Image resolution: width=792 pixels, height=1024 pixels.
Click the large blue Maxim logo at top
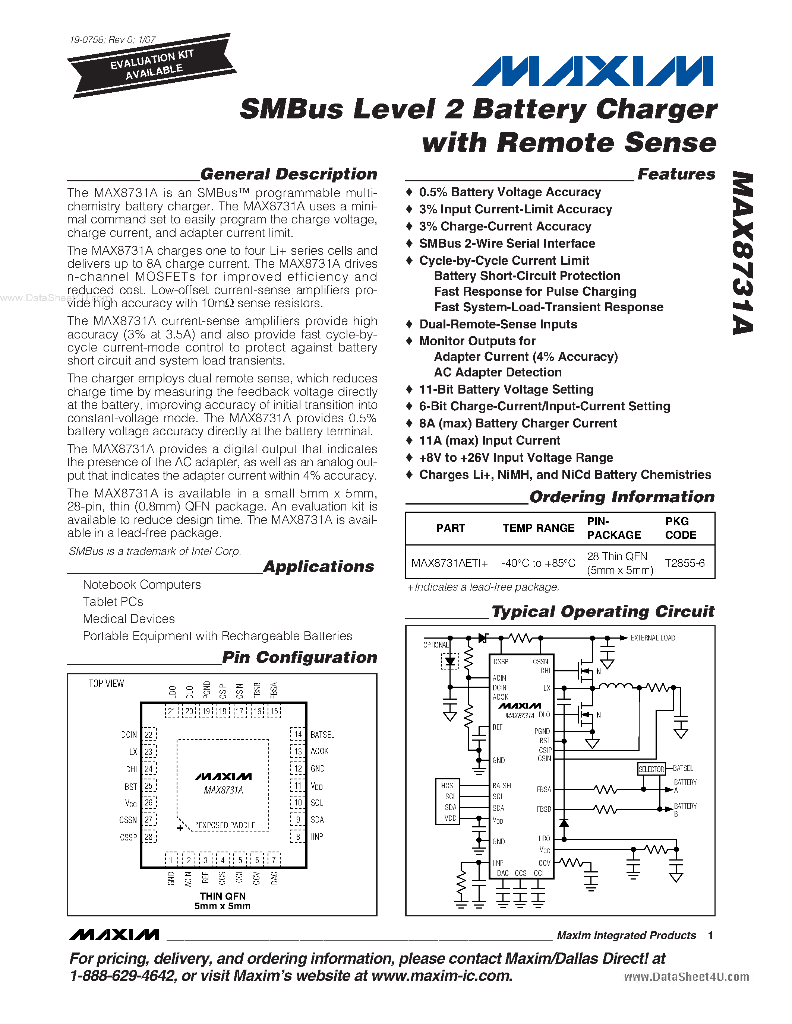click(592, 71)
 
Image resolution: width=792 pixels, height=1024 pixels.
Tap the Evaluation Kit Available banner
click(151, 65)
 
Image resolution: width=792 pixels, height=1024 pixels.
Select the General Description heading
click(288, 174)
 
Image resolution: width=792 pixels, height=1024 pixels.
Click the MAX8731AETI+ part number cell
click(449, 563)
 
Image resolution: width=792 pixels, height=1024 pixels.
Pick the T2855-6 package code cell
click(685, 563)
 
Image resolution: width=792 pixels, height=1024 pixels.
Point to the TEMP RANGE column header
click(538, 528)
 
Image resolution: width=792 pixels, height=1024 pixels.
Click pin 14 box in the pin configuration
click(297, 734)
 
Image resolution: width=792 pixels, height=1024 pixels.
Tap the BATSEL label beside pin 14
click(322, 735)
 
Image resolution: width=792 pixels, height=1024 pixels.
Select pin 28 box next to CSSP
click(149, 837)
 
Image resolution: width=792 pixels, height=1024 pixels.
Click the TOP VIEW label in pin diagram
click(107, 684)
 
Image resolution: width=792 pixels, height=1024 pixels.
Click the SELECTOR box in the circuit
click(651, 769)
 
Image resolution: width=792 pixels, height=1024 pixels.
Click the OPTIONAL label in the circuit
click(436, 645)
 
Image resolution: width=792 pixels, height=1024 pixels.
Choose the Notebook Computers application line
click(142, 585)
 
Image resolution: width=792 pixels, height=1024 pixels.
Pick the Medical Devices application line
click(129, 619)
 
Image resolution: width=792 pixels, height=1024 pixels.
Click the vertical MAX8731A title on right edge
click(743, 253)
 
